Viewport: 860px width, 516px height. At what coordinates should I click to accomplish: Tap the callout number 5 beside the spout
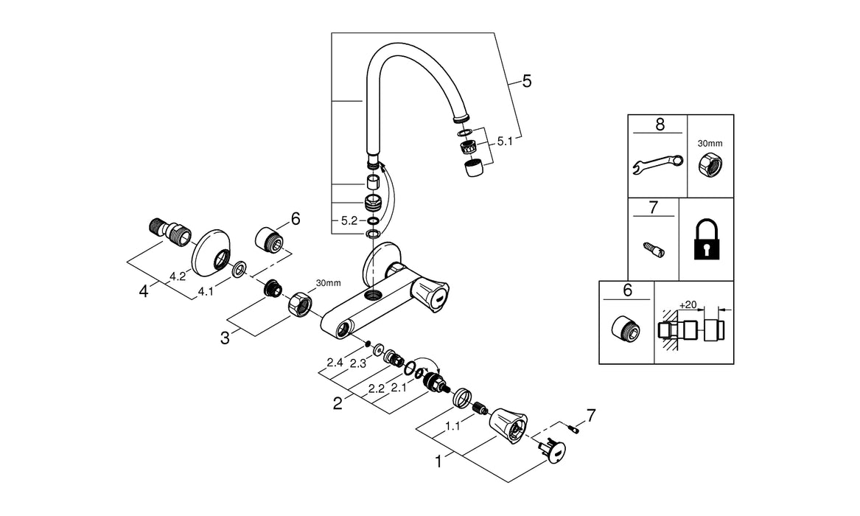click(x=526, y=81)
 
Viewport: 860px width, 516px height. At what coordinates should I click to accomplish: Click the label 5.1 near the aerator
click(x=504, y=140)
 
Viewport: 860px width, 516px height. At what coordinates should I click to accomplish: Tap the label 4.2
click(x=177, y=276)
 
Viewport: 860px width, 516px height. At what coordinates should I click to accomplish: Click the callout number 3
click(x=224, y=338)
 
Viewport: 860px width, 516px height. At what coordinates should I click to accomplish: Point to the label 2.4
click(x=335, y=362)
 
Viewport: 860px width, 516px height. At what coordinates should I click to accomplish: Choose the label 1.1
click(x=455, y=427)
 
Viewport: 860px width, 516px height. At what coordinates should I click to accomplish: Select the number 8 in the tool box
click(x=659, y=124)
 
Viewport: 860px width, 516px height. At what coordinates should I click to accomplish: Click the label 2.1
click(x=399, y=388)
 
